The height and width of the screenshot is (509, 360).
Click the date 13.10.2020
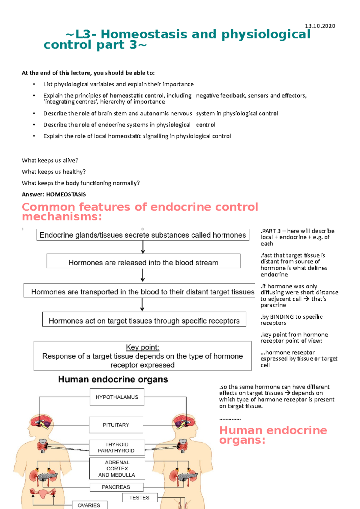(x=320, y=26)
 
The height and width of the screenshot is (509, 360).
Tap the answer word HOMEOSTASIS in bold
(x=66, y=195)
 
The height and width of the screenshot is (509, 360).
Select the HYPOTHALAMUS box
(x=117, y=397)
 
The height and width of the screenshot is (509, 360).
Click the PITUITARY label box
(x=116, y=425)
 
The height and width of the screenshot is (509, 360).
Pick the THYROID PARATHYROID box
(x=117, y=448)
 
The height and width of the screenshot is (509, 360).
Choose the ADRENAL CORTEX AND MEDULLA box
(x=117, y=469)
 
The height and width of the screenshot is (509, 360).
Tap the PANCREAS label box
(x=116, y=487)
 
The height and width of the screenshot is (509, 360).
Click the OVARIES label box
(x=89, y=505)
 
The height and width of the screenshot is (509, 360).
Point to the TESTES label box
(x=139, y=498)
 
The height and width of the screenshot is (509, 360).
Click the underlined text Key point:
(x=142, y=347)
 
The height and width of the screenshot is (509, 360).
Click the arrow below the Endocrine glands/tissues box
(x=143, y=247)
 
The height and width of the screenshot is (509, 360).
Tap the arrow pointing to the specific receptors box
(x=142, y=305)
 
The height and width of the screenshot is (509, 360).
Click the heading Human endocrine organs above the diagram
(x=113, y=380)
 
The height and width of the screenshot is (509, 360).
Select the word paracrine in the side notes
(x=273, y=305)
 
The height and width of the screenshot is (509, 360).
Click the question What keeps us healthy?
(x=54, y=172)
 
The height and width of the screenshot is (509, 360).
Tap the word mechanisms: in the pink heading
(x=62, y=217)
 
